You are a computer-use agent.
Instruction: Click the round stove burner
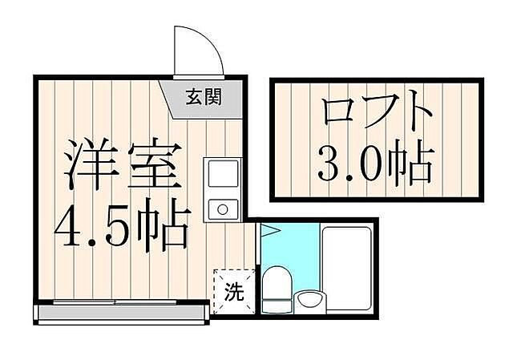coord(221,210)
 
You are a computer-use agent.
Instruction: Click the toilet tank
coord(277,305)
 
